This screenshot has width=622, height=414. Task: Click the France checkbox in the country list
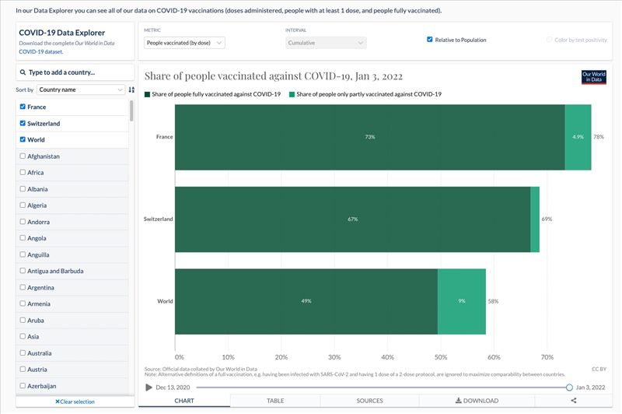coord(23,107)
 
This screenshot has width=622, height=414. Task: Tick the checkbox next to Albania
coord(23,189)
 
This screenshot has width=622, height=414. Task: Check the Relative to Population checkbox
coord(430,40)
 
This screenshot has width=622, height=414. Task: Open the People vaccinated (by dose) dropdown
coord(185,43)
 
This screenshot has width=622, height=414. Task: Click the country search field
coord(75,72)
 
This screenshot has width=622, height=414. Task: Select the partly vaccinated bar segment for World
coord(462,301)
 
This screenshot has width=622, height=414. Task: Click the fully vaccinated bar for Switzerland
coord(352,219)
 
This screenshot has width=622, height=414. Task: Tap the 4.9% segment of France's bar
coord(578,137)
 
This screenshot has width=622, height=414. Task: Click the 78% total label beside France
coord(599,137)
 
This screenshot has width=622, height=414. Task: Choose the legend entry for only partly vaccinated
coord(365,94)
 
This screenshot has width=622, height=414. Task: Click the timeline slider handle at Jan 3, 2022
coord(569,387)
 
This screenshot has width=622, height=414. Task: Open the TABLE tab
coord(275,401)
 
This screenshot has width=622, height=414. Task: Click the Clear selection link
coord(75,402)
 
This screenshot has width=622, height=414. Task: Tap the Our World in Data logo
coord(593,77)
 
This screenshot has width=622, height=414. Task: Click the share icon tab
coord(574,401)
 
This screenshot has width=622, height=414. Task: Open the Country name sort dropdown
coord(81,89)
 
